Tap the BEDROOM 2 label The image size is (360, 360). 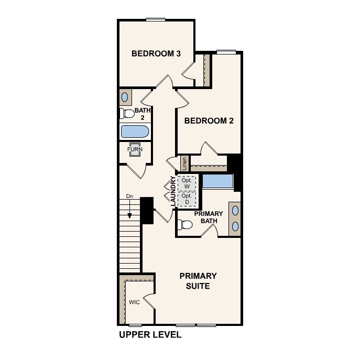click(209, 121)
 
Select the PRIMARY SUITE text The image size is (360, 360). click(198, 281)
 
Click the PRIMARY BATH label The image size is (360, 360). click(209, 217)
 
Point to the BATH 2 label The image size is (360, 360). click(142, 114)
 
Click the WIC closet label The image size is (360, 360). click(135, 302)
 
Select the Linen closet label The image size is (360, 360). click(184, 163)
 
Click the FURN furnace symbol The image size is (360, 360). click(135, 149)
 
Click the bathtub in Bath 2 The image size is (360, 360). click(135, 132)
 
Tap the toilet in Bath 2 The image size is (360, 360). click(127, 113)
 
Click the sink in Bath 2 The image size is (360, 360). click(126, 97)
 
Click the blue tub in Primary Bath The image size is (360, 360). click(218, 181)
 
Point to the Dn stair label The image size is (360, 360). click(129, 197)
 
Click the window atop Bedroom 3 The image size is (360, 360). click(156, 20)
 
